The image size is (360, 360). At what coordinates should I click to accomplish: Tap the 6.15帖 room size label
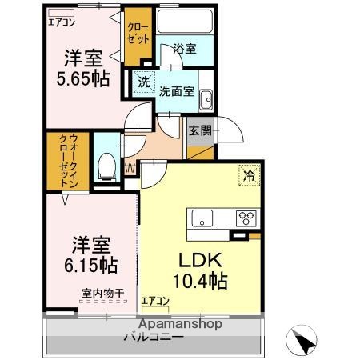86,262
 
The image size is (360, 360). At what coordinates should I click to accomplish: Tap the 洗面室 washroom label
176,90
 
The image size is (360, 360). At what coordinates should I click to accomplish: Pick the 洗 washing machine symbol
143,82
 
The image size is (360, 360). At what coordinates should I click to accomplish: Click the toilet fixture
105,166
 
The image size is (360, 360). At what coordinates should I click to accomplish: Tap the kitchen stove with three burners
246,217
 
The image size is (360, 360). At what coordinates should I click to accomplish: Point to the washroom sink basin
206,100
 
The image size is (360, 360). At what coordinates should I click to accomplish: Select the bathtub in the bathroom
185,22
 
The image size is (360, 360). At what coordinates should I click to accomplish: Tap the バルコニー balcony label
154,337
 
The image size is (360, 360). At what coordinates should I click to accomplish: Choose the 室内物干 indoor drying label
102,294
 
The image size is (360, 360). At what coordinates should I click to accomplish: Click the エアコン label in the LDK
155,301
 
